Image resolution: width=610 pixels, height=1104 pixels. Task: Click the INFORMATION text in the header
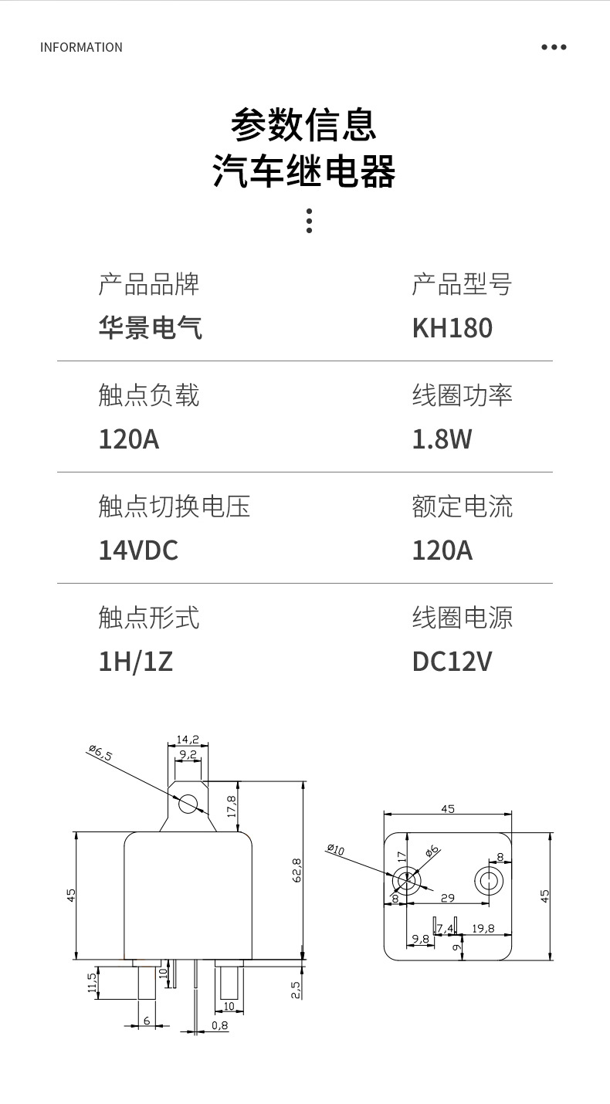pyautogui.click(x=81, y=47)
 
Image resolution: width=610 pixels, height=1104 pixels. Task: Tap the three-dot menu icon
pyautogui.click(x=554, y=47)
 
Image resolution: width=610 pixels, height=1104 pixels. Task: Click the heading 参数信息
pyautogui.click(x=304, y=124)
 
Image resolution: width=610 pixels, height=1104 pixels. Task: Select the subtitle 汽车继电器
pyautogui.click(x=304, y=171)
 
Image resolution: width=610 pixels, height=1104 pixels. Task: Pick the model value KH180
pyautogui.click(x=452, y=328)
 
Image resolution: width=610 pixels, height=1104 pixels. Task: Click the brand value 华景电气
pyautogui.click(x=151, y=328)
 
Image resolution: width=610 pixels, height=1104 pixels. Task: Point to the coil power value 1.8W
pyautogui.click(x=442, y=439)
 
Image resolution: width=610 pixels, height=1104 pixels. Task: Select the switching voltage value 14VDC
pyautogui.click(x=138, y=550)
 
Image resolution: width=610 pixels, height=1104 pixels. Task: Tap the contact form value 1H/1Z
pyautogui.click(x=135, y=662)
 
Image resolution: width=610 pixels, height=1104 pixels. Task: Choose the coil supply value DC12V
pyautogui.click(x=452, y=662)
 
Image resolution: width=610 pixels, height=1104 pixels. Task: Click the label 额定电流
pyautogui.click(x=462, y=506)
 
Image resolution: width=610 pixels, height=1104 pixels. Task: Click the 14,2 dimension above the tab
pyautogui.click(x=188, y=739)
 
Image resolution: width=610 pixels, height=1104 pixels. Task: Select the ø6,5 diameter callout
pyautogui.click(x=100, y=753)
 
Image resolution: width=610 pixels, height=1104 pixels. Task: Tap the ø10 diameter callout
pyautogui.click(x=336, y=850)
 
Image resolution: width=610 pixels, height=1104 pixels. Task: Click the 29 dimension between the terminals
pyautogui.click(x=447, y=898)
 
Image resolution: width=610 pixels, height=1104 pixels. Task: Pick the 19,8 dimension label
pyautogui.click(x=483, y=928)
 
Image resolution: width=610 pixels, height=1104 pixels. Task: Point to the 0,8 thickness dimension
pyautogui.click(x=219, y=1025)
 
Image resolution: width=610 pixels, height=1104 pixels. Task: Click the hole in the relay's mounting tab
pyautogui.click(x=188, y=804)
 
